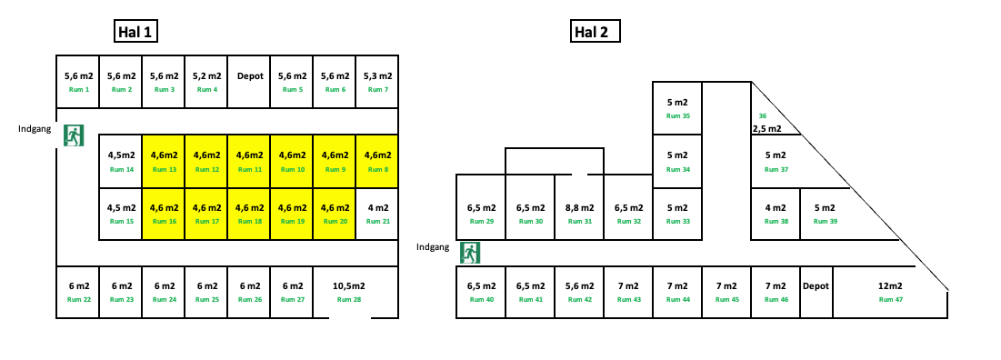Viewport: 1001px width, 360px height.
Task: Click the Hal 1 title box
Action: tap(136, 33)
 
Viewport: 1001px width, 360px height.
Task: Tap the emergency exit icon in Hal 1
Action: tap(74, 135)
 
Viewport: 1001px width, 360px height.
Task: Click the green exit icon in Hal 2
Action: tap(470, 252)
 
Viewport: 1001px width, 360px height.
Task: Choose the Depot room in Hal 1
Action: tap(250, 82)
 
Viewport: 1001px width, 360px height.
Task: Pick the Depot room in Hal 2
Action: tap(816, 292)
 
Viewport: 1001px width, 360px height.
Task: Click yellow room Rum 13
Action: tap(164, 161)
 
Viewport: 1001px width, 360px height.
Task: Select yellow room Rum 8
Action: tap(377, 161)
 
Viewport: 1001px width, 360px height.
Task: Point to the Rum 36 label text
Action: tap(763, 116)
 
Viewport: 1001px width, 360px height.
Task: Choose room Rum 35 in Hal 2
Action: tap(678, 107)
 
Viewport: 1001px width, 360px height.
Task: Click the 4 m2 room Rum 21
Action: tap(377, 214)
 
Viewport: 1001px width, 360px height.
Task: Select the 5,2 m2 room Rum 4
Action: tap(206, 82)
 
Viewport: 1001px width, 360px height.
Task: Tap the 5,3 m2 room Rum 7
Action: tap(377, 82)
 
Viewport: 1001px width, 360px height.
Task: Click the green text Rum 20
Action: tap(335, 222)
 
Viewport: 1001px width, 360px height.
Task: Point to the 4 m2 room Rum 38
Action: tap(776, 214)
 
